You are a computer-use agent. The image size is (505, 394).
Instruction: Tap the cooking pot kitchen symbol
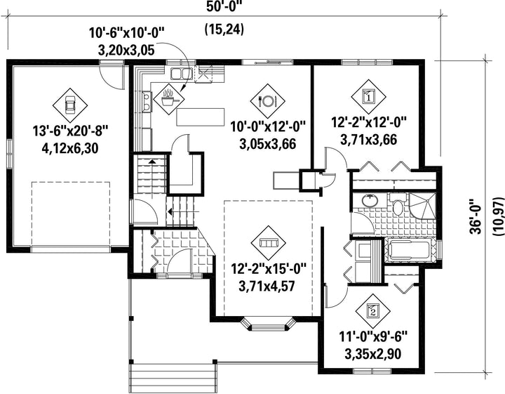[169, 98]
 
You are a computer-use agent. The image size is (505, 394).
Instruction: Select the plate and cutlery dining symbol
[267, 101]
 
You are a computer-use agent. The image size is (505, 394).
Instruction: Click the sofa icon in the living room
[268, 243]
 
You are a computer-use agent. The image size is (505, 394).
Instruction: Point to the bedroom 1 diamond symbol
[368, 96]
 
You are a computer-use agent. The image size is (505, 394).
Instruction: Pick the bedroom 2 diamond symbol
[373, 311]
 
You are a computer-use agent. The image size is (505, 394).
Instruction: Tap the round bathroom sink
[370, 201]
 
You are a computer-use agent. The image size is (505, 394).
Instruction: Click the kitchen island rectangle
[201, 117]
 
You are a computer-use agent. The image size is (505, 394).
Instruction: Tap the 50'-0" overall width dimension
[224, 6]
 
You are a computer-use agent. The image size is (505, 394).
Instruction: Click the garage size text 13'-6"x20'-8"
[70, 131]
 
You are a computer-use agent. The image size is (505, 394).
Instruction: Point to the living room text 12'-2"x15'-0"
[268, 269]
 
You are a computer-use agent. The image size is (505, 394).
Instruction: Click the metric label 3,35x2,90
[373, 354]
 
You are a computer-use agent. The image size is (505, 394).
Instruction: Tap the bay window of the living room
[268, 324]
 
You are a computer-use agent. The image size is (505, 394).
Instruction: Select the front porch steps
[173, 379]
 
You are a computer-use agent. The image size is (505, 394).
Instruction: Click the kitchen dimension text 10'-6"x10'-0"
[127, 33]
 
